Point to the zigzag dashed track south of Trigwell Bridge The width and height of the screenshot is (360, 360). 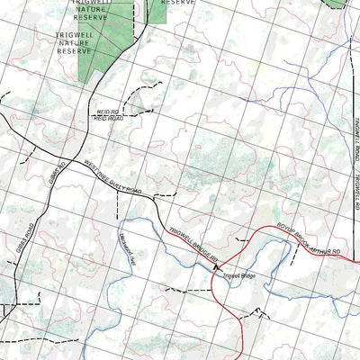pyautogui.click(x=261, y=312)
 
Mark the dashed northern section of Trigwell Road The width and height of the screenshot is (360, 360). pyautogui.click(x=348, y=63)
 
